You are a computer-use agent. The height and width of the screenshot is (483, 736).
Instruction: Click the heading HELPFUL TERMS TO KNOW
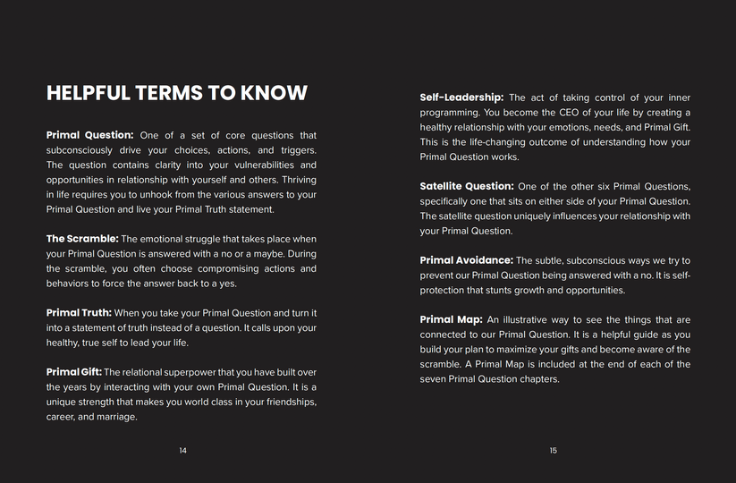click(176, 93)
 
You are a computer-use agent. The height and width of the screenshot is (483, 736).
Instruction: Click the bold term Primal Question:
click(89, 135)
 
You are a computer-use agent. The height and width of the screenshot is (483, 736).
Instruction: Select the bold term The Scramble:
click(81, 239)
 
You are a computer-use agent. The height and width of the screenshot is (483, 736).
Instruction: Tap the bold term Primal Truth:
click(79, 313)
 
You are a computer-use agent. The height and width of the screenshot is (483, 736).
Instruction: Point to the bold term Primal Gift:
click(74, 372)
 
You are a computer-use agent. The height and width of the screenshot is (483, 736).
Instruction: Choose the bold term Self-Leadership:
click(461, 97)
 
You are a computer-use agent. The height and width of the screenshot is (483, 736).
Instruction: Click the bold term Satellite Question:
click(467, 186)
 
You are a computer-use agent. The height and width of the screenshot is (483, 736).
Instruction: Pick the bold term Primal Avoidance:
click(466, 260)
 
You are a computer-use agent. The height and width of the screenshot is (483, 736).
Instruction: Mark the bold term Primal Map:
click(451, 319)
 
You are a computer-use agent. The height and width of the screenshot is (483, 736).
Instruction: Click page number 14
click(183, 451)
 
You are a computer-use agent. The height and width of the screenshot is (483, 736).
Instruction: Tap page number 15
click(554, 451)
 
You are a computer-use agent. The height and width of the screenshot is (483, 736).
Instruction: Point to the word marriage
click(115, 417)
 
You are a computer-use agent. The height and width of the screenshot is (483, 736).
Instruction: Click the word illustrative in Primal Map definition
click(529, 319)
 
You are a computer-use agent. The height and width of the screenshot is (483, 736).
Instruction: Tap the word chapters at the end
click(539, 379)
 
